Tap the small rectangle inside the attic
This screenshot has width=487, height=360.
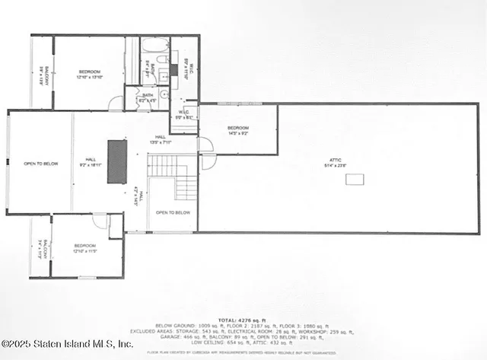pos(354,179)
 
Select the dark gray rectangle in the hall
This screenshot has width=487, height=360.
pos(117,161)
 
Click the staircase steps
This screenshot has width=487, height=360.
pos(173,175)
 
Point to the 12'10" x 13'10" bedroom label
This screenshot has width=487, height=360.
pos(90,75)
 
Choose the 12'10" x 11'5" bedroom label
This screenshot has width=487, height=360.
pos(86,247)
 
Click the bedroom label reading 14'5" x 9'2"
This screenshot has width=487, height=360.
pos(238,130)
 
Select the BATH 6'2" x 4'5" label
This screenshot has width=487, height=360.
pos(147,98)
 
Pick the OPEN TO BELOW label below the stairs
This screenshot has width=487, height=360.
pos(173,212)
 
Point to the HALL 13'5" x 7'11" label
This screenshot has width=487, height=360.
pos(161,139)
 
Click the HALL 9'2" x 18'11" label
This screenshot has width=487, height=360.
pos(91,161)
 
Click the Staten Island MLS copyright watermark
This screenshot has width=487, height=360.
pos(67,344)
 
